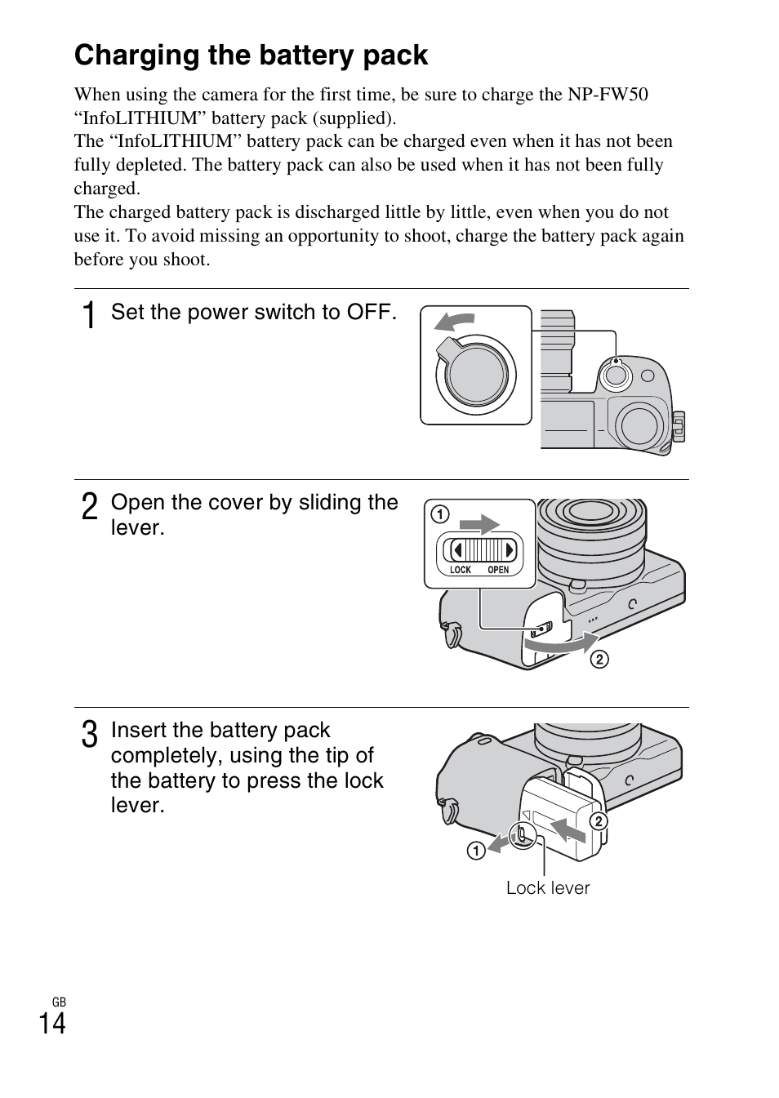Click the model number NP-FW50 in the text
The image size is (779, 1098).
point(608,95)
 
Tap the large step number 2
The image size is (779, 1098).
point(91,507)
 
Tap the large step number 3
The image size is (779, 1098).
point(91,734)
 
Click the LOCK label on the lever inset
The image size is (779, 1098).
point(461,570)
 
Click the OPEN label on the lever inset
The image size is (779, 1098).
point(498,570)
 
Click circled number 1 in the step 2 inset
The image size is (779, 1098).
point(440,514)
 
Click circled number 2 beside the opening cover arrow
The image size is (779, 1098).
point(599,659)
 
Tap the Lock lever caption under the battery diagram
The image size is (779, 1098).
point(547,888)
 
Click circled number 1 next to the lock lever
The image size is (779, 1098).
point(475,851)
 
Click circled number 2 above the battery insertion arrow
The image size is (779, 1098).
point(598,820)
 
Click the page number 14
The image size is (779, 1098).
point(52,1023)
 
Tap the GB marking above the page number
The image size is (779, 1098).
point(58,1002)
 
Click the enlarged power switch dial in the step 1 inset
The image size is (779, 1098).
point(476,376)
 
